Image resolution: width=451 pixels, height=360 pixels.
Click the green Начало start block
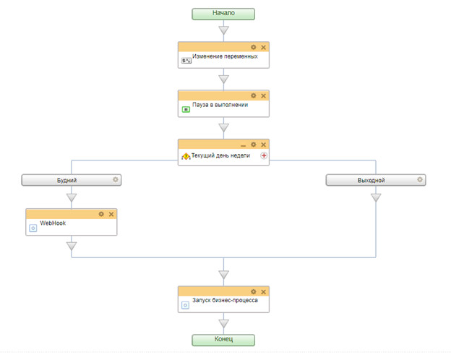pyautogui.click(x=223, y=14)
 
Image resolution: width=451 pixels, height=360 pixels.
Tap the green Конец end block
pyautogui.click(x=223, y=340)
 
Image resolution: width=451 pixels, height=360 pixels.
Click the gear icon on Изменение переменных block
pyautogui.click(x=254, y=47)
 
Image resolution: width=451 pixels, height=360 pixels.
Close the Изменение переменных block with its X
pyautogui.click(x=263, y=47)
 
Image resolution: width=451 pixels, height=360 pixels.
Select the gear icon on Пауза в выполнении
pyautogui.click(x=254, y=95)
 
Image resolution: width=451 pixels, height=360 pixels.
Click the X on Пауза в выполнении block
pyautogui.click(x=263, y=96)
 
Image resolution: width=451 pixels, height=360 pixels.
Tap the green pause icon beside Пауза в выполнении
pyautogui.click(x=186, y=109)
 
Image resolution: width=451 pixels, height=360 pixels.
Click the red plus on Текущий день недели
pyautogui.click(x=264, y=155)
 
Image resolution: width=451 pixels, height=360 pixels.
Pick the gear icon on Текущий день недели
pyautogui.click(x=254, y=145)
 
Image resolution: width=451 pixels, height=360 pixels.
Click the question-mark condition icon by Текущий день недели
pyautogui.click(x=186, y=157)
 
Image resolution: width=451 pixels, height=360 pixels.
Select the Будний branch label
pyautogui.click(x=66, y=181)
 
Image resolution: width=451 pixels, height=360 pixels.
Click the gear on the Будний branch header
pyautogui.click(x=116, y=179)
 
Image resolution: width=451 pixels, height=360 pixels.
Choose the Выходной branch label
pyautogui.click(x=371, y=181)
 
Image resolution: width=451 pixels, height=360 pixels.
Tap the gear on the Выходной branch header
pyautogui.click(x=420, y=179)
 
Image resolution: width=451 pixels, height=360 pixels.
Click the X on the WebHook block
pyautogui.click(x=111, y=214)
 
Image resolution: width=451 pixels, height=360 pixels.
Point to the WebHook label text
pyautogui.click(x=53, y=223)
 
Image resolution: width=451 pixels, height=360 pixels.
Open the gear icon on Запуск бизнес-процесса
pyautogui.click(x=254, y=292)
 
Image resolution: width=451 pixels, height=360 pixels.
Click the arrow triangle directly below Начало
pyautogui.click(x=223, y=30)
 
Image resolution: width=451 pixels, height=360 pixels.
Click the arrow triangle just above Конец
pyautogui.click(x=223, y=323)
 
